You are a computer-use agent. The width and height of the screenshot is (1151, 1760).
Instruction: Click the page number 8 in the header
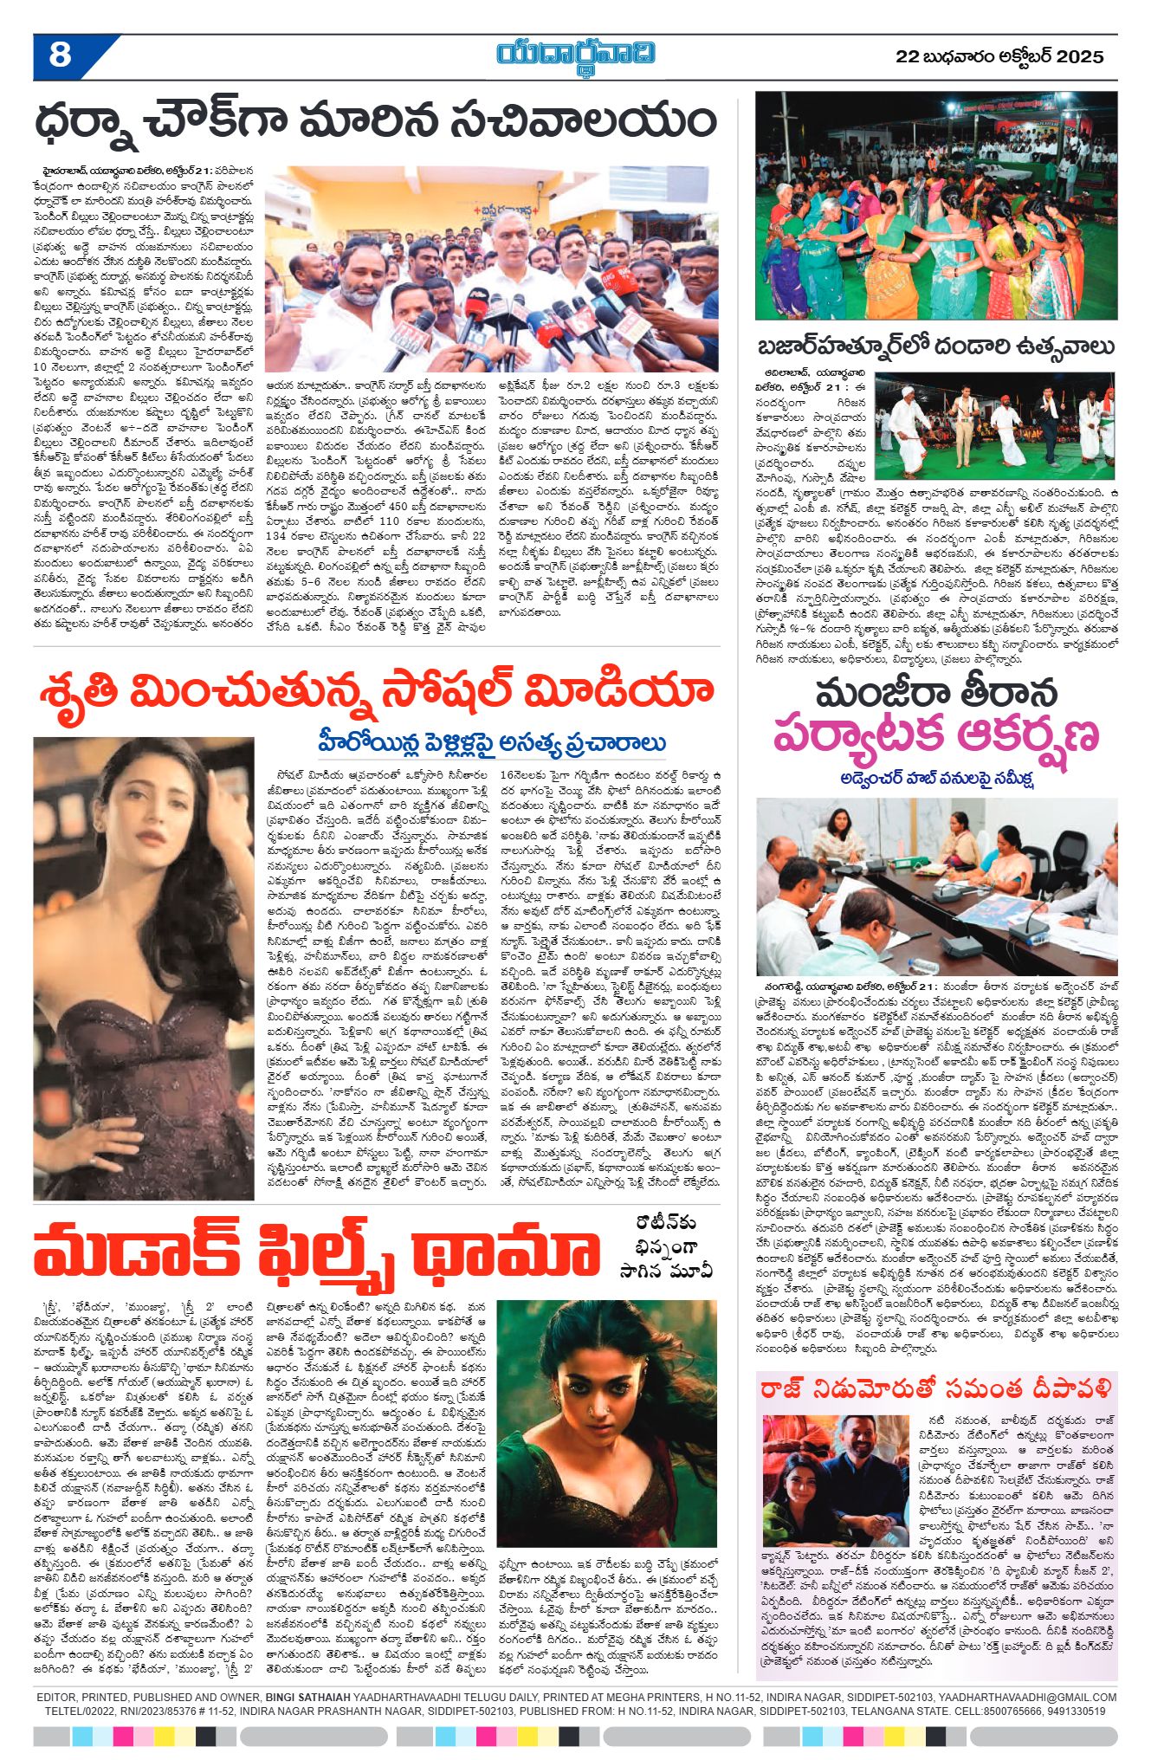coord(60,55)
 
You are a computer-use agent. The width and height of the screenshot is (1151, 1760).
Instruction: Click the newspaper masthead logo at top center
coord(575,55)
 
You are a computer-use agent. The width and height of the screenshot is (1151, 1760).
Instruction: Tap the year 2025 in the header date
coord(1080,57)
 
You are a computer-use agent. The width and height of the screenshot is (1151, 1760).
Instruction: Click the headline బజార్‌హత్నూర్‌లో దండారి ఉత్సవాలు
coord(935,346)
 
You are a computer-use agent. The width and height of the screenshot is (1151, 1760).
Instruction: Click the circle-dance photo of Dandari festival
coord(935,206)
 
